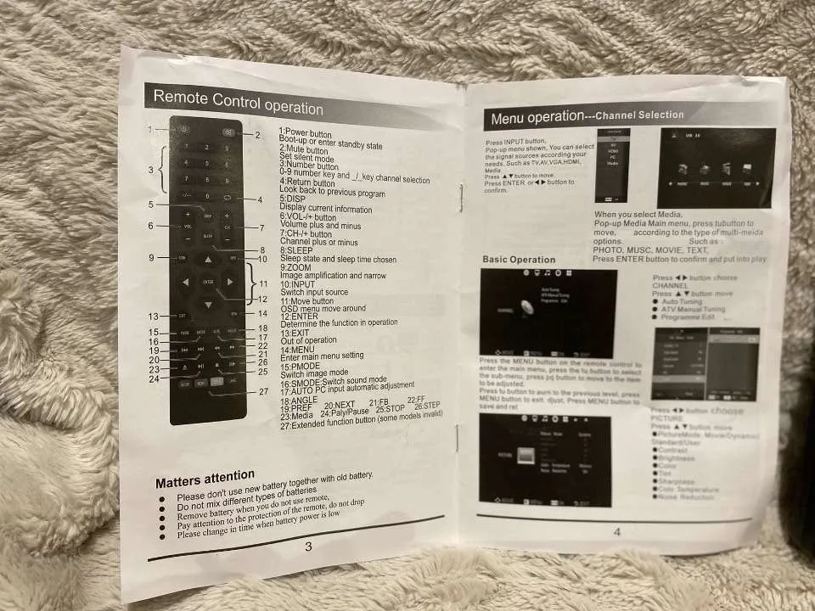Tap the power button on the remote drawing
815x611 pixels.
pyautogui.click(x=184, y=130)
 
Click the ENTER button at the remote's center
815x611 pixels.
pyautogui.click(x=208, y=281)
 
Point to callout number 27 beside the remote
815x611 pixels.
pyautogui.click(x=263, y=392)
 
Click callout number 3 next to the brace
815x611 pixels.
pyautogui.click(x=150, y=170)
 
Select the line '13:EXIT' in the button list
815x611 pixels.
pyautogui.click(x=297, y=333)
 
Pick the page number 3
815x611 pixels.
pyautogui.click(x=308, y=547)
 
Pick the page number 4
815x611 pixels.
pyautogui.click(x=617, y=532)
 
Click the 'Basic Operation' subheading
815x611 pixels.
pyautogui.click(x=519, y=260)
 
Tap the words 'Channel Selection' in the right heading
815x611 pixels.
pyautogui.click(x=638, y=115)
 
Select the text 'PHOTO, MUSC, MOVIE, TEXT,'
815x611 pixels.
pyautogui.click(x=649, y=250)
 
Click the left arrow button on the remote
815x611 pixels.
pyautogui.click(x=185, y=281)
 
